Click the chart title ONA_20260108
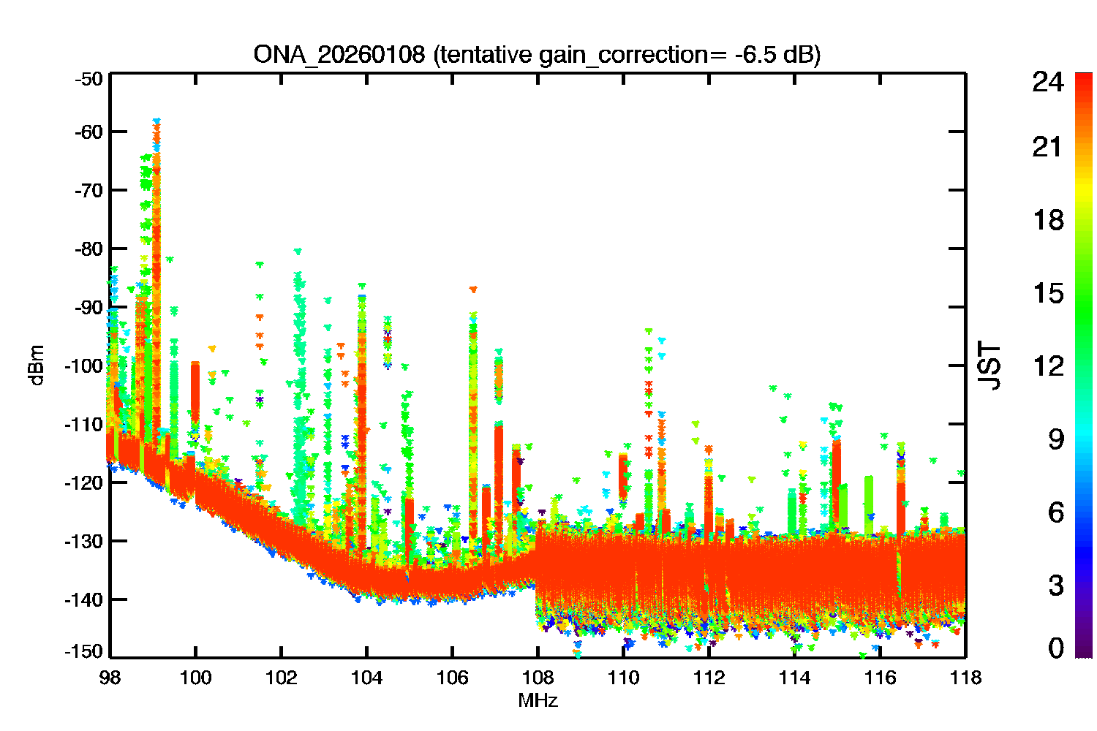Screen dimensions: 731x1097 (339, 55)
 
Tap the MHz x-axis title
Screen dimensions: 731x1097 (538, 701)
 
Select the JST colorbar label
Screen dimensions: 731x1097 (989, 365)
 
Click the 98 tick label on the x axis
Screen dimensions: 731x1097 (110, 678)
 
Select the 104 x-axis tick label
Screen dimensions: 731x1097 (366, 678)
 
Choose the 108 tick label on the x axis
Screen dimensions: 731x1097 (538, 678)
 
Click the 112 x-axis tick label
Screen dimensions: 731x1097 (709, 678)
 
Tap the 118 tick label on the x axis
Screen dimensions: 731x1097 (965, 678)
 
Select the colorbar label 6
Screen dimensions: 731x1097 (1055, 512)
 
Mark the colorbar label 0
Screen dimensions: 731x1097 (1055, 648)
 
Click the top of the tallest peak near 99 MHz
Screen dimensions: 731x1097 (157, 121)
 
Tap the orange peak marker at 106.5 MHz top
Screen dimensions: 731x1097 (473, 289)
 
